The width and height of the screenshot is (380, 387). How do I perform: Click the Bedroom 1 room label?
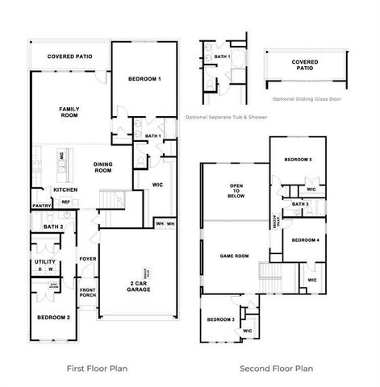point(145,79)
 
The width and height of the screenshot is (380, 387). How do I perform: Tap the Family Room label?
point(68,112)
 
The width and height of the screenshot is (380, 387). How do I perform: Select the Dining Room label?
point(102,167)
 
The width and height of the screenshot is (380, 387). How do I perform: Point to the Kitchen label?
point(65,189)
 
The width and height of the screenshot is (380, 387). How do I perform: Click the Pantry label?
point(42,206)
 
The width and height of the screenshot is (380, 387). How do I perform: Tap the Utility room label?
point(44,262)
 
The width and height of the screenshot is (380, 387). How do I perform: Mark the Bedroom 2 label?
point(54,317)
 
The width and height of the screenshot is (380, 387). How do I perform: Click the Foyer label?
point(87,259)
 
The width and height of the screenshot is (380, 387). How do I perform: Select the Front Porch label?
point(87,293)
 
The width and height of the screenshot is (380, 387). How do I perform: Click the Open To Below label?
point(237,190)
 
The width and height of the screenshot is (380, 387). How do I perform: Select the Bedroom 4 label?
point(306,240)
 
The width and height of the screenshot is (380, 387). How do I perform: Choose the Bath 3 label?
point(300,205)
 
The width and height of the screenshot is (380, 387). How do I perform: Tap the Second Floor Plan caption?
point(276,368)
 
